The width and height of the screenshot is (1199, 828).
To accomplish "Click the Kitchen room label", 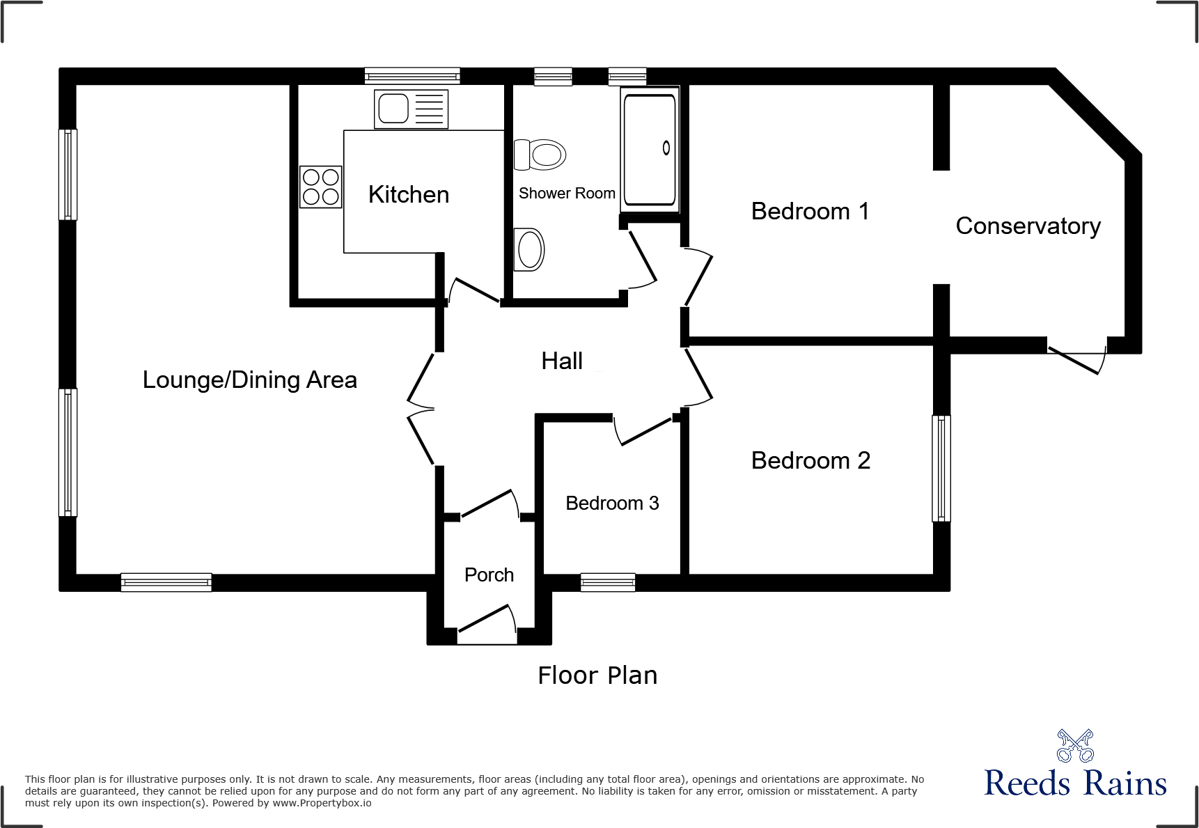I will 409,194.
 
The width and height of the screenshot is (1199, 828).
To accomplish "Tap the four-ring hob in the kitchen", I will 321,187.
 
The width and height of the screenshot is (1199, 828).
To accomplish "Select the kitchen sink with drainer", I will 411,109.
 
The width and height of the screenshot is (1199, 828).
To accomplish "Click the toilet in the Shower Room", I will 541,155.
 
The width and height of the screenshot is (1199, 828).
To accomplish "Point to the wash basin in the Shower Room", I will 530,249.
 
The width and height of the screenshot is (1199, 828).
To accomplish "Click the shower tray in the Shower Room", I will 650,149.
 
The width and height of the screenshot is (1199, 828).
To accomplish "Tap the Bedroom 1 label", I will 810,211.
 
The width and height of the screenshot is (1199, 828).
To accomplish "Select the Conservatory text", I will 1028,226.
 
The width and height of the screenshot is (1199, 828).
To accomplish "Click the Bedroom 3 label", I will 612,503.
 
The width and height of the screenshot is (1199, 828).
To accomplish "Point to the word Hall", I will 562,361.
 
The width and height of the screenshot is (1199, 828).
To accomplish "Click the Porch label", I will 489,575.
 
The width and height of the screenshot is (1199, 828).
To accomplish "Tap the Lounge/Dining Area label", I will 249,380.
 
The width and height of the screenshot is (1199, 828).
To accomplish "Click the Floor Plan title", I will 597,675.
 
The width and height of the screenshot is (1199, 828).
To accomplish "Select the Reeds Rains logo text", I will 1075,783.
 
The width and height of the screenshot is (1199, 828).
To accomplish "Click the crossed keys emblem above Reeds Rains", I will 1075,746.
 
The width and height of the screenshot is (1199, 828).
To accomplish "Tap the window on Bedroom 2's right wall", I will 941,468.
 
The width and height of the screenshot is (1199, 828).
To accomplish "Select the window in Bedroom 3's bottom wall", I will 608,582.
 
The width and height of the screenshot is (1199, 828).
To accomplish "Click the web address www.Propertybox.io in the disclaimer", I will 322,803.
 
